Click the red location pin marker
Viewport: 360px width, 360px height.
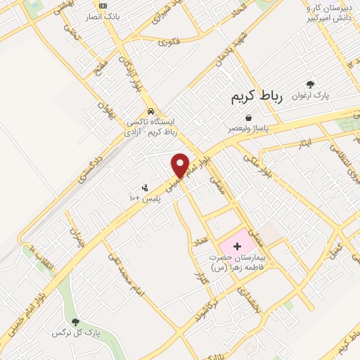point(181,166)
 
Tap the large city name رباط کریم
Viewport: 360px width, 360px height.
point(257,98)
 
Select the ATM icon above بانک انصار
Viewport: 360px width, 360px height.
point(103,6)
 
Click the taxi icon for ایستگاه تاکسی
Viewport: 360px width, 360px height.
point(150,112)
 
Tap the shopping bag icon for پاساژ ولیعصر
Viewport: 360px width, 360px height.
point(247,118)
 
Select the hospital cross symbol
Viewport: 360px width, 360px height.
point(237,247)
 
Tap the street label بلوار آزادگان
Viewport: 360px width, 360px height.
point(129,71)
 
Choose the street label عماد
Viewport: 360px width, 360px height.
point(201,243)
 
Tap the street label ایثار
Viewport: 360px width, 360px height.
point(305,143)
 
